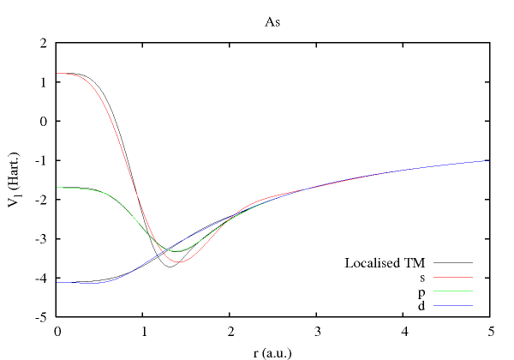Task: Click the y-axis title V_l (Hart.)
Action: [x=19, y=180]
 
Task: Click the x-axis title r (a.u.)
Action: [x=272, y=351]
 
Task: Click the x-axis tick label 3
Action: [x=316, y=331]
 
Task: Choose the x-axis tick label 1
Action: [x=143, y=331]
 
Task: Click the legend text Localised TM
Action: [x=385, y=262]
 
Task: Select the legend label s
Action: [x=422, y=277]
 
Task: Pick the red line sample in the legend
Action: [x=452, y=278]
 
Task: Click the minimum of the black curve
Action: [x=170, y=267]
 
